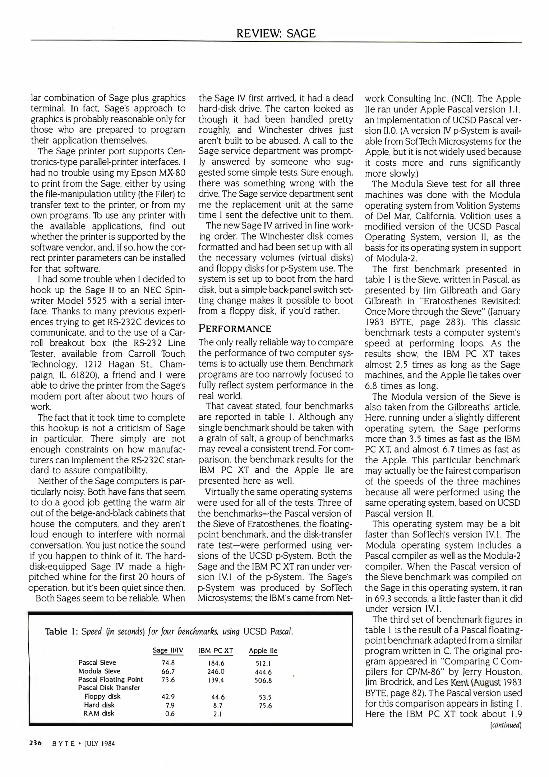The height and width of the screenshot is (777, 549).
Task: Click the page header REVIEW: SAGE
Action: coord(276,34)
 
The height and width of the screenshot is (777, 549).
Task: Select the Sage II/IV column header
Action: coord(168,650)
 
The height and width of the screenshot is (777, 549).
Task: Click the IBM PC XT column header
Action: coord(216,650)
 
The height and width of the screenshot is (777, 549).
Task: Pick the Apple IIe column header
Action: coord(263,650)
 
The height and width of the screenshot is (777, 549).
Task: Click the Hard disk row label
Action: coord(99,705)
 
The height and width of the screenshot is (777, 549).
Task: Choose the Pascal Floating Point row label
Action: coord(110,680)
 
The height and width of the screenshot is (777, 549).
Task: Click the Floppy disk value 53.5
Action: coord(265,697)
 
